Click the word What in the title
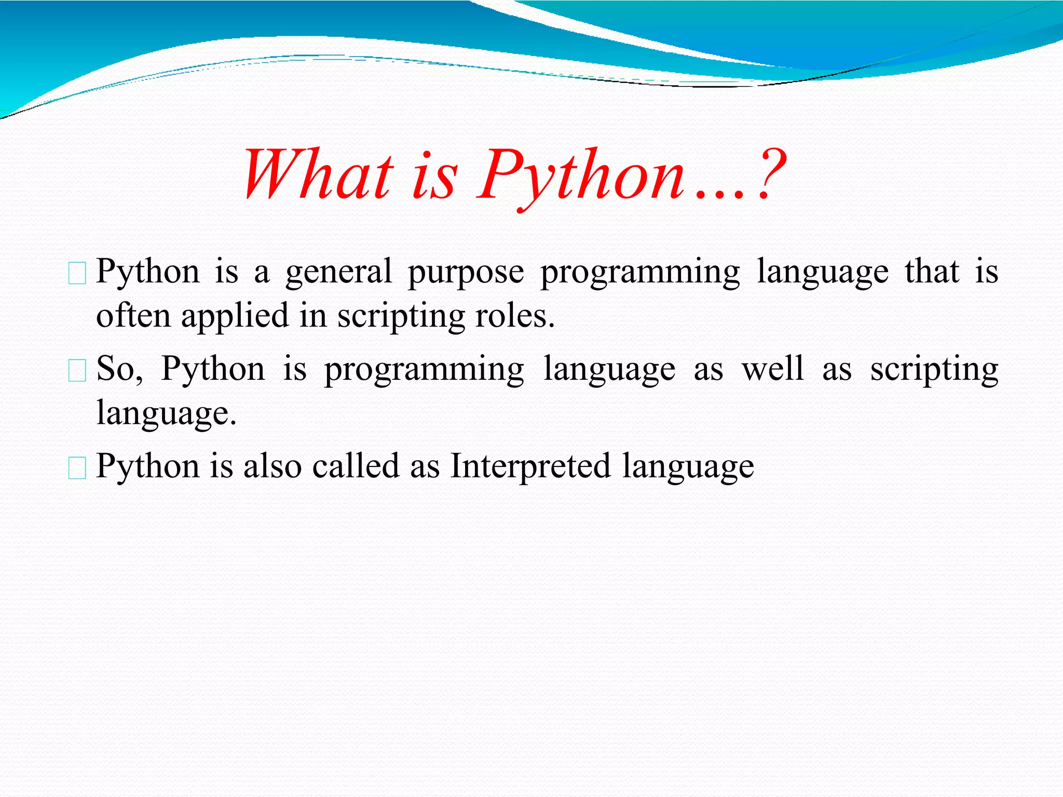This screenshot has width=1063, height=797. (x=318, y=175)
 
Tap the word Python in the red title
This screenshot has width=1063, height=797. (x=581, y=176)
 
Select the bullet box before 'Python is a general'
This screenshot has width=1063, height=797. (x=77, y=274)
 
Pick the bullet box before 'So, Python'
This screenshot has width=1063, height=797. (x=77, y=371)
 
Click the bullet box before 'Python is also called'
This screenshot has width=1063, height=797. (x=77, y=468)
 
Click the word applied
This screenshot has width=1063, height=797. (x=235, y=317)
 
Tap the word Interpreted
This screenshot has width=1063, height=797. (x=530, y=466)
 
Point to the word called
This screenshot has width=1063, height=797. (x=356, y=465)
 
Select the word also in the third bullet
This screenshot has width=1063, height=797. (x=272, y=465)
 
